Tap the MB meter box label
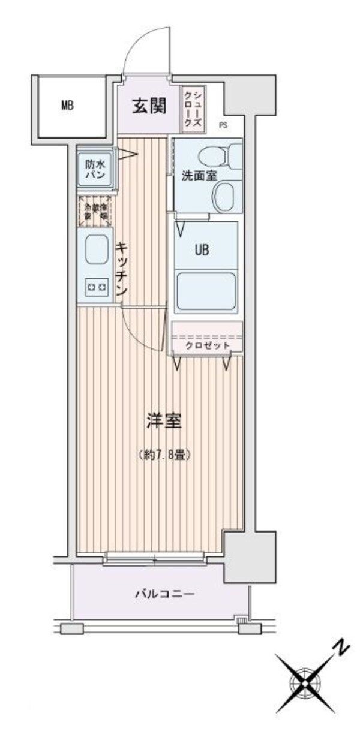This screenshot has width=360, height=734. [x=67, y=106]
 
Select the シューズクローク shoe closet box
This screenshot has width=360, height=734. [x=193, y=109]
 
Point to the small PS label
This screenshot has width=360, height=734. [x=223, y=125]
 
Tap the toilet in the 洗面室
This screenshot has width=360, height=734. [x=214, y=157]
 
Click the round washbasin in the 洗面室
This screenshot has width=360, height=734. [x=226, y=196]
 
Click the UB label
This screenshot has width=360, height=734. [x=202, y=251]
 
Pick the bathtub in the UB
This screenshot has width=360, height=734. [x=206, y=291]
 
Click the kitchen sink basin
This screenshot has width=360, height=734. [x=97, y=250]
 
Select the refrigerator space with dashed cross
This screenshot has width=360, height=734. [x=95, y=210]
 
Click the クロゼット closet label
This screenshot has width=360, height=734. [x=206, y=345]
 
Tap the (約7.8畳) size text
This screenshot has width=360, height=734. [x=164, y=455]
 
